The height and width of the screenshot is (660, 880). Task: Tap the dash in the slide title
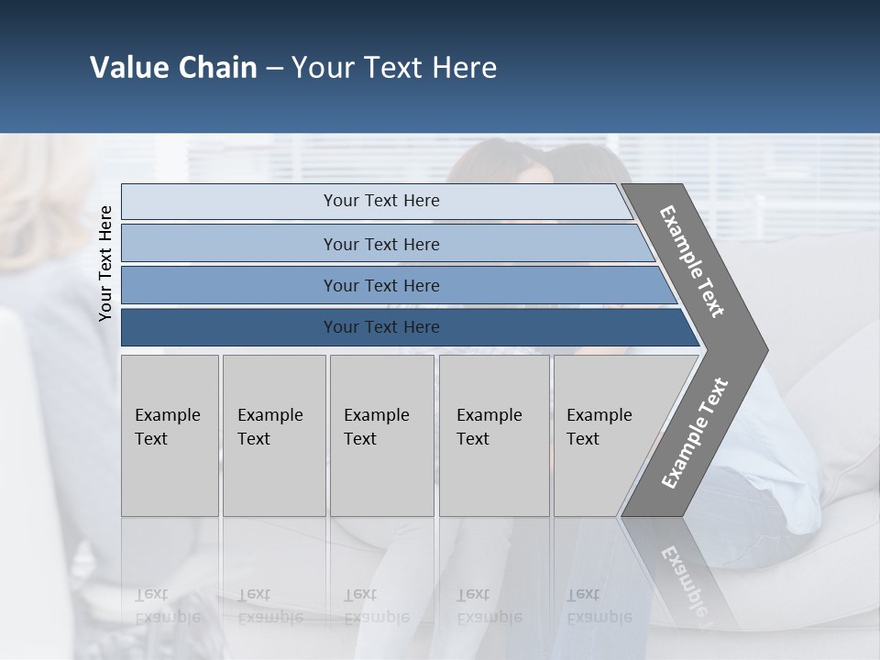[x=274, y=69]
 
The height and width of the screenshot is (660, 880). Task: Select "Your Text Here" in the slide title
[x=394, y=68]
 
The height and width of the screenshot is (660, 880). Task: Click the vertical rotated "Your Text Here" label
[x=105, y=263]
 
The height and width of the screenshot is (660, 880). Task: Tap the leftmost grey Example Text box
[x=170, y=435]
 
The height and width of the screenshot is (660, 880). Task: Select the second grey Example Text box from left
[x=274, y=435]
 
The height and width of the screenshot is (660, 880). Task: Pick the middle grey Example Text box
[x=381, y=435]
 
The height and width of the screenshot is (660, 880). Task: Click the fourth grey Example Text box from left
[x=494, y=435]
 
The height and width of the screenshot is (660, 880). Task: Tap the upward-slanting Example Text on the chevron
[x=694, y=434]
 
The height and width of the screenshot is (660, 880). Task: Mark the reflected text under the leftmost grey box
[x=167, y=605]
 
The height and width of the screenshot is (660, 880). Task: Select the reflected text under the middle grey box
[x=377, y=605]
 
